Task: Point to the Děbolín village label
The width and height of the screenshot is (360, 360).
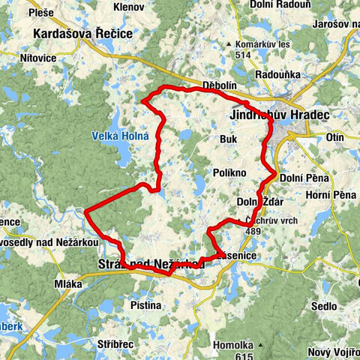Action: coord(220,84)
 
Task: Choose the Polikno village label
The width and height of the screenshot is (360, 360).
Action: coord(229,172)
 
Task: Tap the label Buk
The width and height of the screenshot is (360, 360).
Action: coord(229,139)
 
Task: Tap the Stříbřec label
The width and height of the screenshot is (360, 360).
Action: coord(116,340)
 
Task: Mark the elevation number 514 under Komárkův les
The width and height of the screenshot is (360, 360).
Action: coord(243,54)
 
